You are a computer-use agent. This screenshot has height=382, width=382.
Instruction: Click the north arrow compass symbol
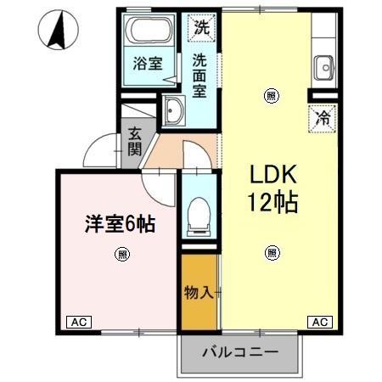pyautogui.click(x=59, y=30)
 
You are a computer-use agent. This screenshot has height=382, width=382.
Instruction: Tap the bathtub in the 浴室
pyautogui.click(x=149, y=30)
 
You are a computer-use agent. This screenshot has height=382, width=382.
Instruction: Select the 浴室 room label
pyautogui.click(x=148, y=64)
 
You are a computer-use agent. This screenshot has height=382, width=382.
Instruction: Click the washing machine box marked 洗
pyautogui.click(x=202, y=28)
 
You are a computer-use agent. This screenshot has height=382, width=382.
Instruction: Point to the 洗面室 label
pyautogui.click(x=199, y=75)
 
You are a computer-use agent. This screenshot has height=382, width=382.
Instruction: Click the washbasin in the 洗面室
pyautogui.click(x=173, y=110)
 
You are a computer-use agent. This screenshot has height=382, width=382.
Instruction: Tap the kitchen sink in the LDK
pyautogui.click(x=324, y=68)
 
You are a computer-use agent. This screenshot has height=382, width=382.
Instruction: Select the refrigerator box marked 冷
pyautogui.click(x=323, y=118)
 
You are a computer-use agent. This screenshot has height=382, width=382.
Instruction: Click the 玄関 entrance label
pyautogui.click(x=135, y=142)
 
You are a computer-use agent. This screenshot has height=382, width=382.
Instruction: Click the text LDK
pyautogui.click(x=273, y=174)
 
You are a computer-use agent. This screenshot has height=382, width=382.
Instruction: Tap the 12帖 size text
pyautogui.click(x=272, y=202)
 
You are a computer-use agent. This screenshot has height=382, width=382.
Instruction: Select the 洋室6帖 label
pyautogui.click(x=120, y=223)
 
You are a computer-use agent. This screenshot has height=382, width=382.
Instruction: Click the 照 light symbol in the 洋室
pyautogui.click(x=122, y=254)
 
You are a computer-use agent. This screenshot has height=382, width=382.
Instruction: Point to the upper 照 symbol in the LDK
pyautogui.click(x=272, y=96)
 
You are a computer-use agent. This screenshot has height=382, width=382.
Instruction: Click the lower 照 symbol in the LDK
pyautogui.click(x=272, y=253)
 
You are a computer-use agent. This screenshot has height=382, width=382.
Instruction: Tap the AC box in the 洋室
pyautogui.click(x=79, y=322)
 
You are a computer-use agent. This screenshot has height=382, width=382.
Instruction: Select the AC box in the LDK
pyautogui.click(x=320, y=322)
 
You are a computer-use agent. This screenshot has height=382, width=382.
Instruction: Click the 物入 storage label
pyautogui.click(x=199, y=292)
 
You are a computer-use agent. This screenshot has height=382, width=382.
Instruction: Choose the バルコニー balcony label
pyautogui.click(x=240, y=352)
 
